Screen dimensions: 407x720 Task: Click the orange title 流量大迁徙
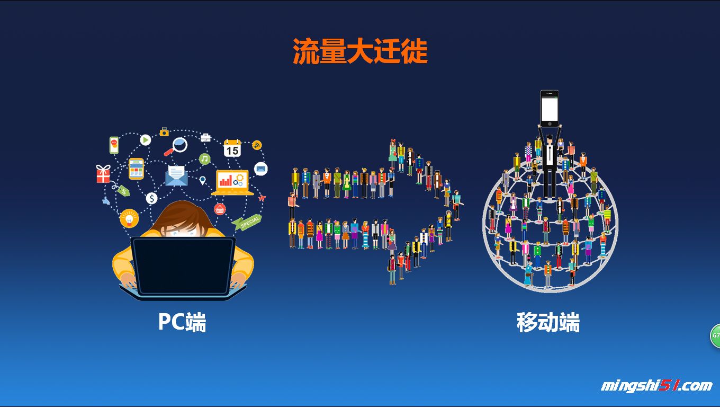[360, 52]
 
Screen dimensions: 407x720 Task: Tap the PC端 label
[182, 322]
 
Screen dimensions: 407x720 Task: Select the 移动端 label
[548, 322]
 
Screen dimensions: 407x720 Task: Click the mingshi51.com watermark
[656, 386]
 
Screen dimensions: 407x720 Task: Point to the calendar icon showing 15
[232, 148]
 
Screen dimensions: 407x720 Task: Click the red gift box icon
[103, 174]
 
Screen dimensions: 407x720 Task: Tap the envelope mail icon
[177, 175]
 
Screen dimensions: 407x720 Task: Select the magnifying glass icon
[178, 145]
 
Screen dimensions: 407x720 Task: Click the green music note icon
[205, 158]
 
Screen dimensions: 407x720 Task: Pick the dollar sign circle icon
[152, 199]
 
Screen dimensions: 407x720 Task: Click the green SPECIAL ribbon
[248, 223]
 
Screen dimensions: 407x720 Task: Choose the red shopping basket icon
[220, 209]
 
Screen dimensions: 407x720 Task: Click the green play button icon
[146, 140]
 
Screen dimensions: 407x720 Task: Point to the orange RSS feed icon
[257, 145]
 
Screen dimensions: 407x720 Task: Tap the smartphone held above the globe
[549, 108]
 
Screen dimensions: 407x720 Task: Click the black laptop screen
[183, 265]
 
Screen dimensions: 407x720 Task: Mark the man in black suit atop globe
[549, 164]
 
